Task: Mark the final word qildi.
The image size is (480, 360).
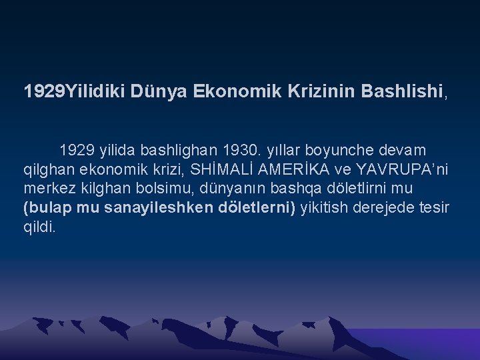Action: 40,227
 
